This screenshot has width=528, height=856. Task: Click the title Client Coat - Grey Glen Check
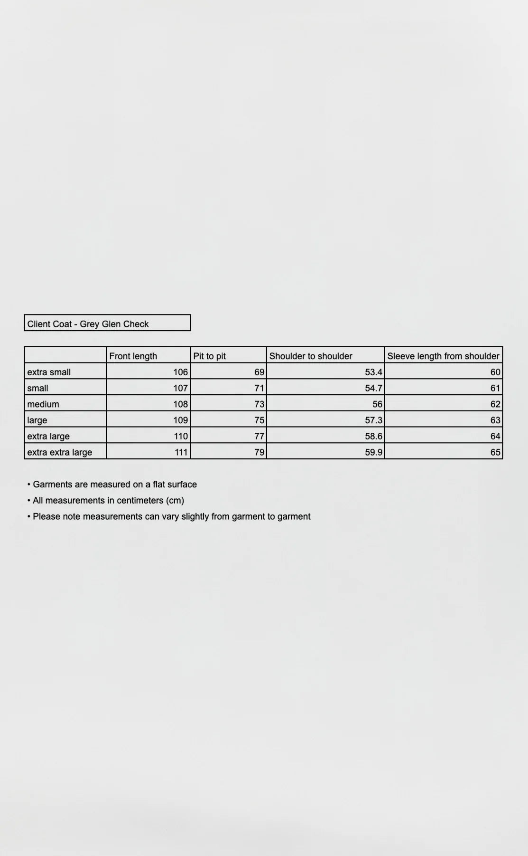point(88,324)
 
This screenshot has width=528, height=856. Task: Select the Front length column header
point(133,356)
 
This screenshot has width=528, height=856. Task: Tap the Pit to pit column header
point(209,356)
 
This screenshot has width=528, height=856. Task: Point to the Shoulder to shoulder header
point(311,356)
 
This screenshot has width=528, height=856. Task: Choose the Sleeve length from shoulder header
point(443,356)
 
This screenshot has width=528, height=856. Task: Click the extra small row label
point(49,372)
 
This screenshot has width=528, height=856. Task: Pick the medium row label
point(43,404)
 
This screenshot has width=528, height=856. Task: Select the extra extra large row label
point(60,452)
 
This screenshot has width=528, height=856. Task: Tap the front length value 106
point(180,372)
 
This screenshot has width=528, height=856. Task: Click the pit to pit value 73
point(259,404)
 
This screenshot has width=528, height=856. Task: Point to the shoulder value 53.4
point(373,372)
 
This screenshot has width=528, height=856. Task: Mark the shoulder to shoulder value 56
point(377,404)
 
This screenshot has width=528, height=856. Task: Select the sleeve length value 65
point(495,452)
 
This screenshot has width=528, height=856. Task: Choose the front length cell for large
point(180,420)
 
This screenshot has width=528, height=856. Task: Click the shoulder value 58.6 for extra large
point(373,436)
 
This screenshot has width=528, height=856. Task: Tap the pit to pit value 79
point(259,452)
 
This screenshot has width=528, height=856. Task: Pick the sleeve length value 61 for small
point(495,388)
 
